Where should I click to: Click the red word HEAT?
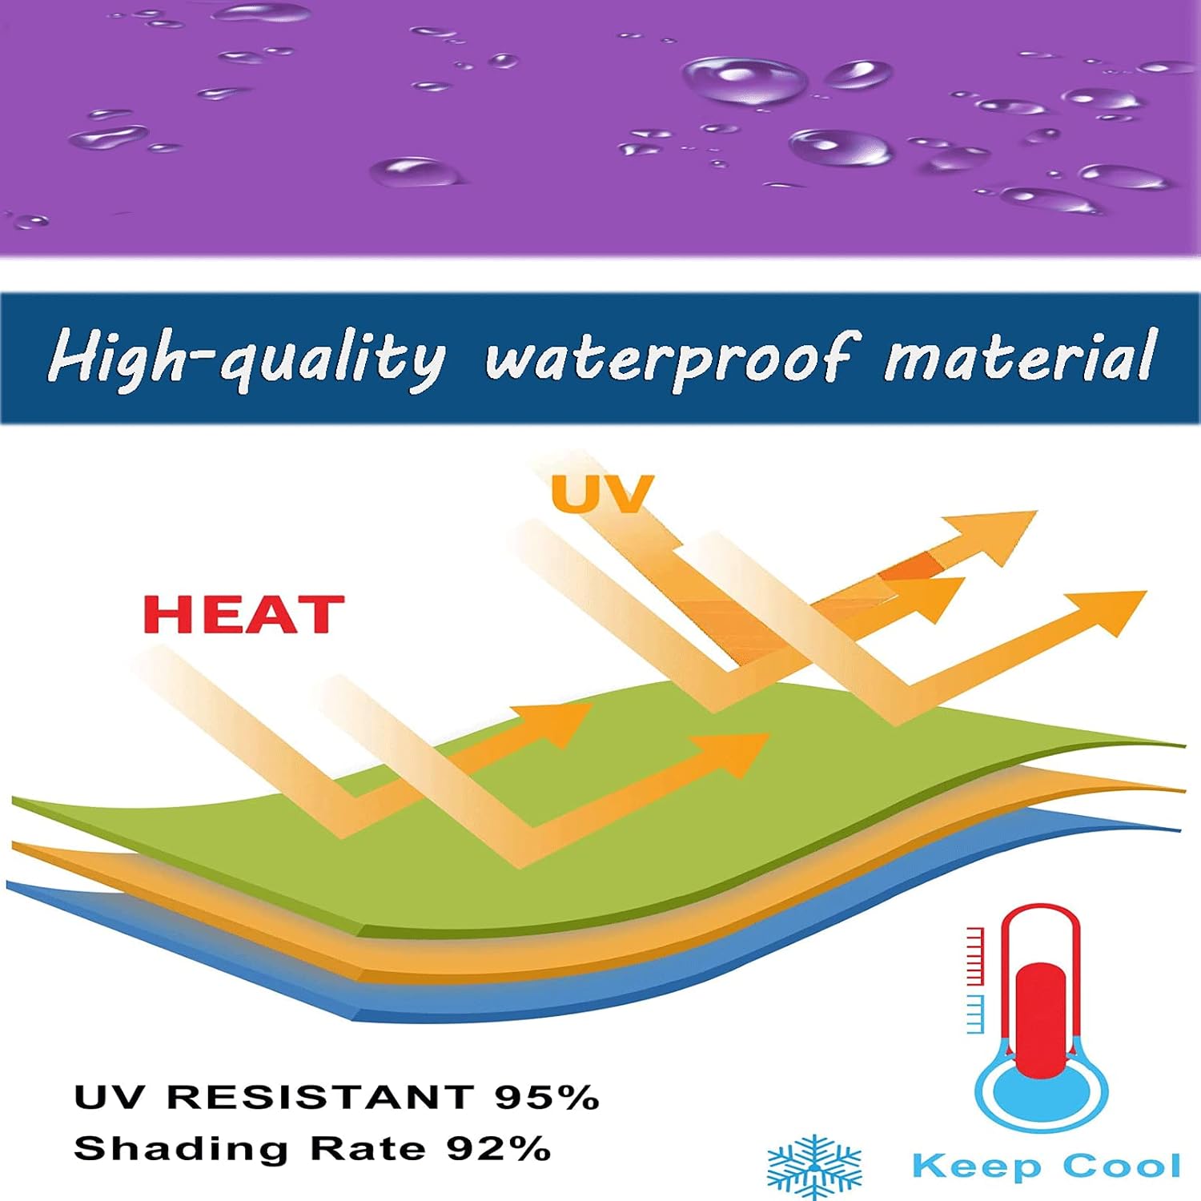[243, 614]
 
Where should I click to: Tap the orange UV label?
[602, 493]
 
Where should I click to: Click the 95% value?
[547, 1097]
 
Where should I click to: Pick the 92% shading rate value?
[499, 1149]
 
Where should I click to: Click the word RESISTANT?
[320, 1097]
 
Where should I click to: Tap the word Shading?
[181, 1150]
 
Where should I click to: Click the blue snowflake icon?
[814, 1166]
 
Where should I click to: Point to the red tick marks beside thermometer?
[975, 956]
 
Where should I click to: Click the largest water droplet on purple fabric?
[744, 80]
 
